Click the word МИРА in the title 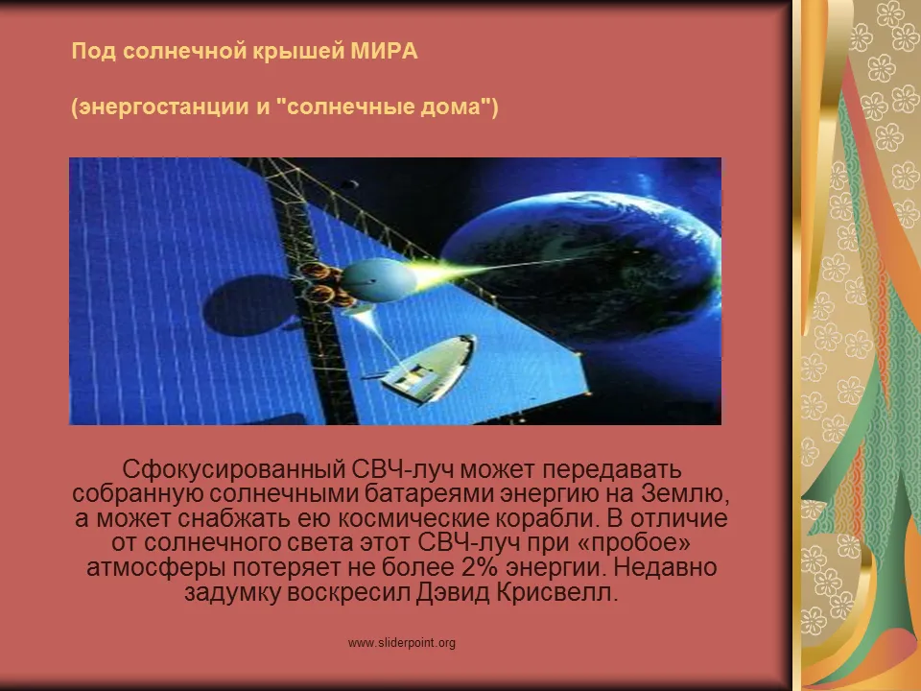[384, 51]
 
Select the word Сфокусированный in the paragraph [234, 469]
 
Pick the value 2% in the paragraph [481, 567]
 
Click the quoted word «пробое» [634, 543]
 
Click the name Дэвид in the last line [452, 592]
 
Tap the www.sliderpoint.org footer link [402, 643]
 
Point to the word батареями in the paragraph [430, 493]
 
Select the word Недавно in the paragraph [665, 567]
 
